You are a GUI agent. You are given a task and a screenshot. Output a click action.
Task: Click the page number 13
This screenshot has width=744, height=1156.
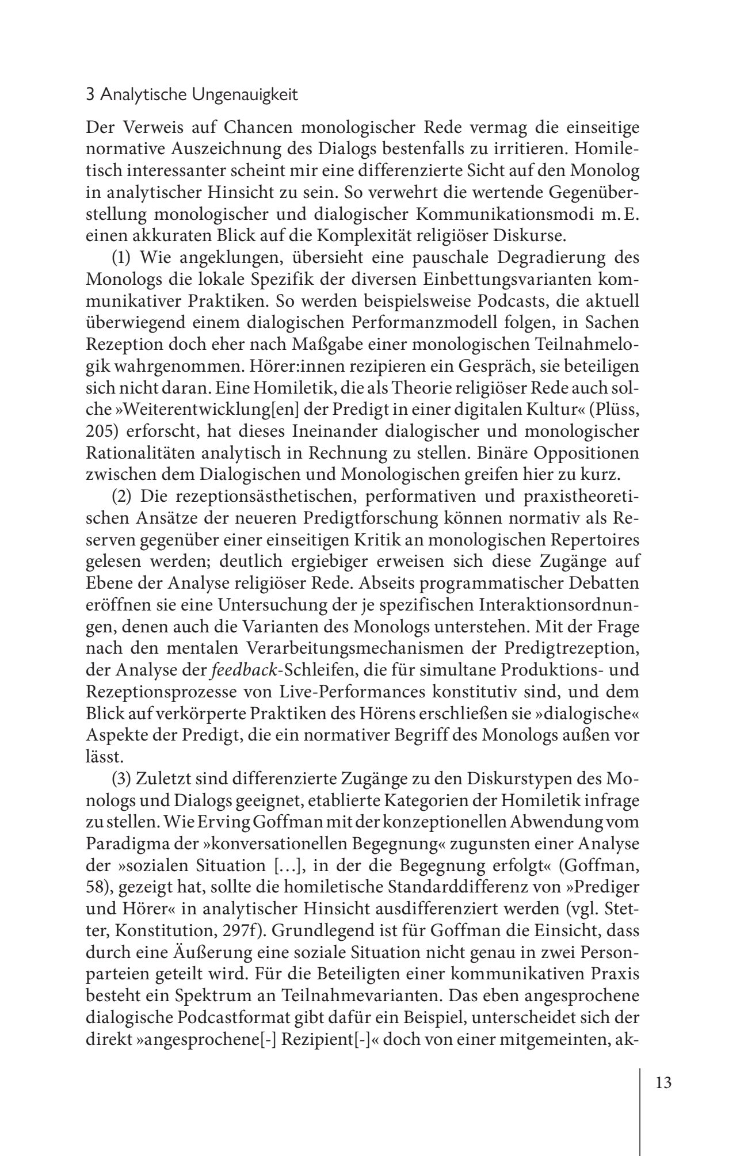pyautogui.click(x=663, y=1083)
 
